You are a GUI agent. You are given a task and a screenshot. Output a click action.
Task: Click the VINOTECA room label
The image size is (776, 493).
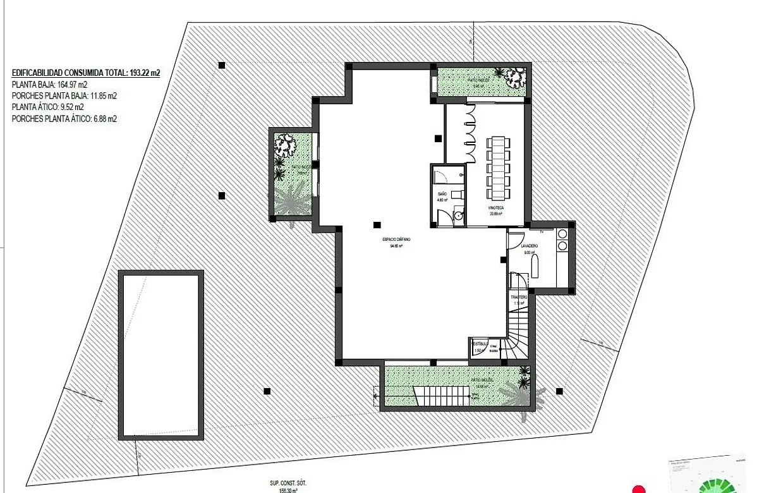click(x=495, y=207)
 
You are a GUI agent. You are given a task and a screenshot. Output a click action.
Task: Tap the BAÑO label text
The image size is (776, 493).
click(x=442, y=193)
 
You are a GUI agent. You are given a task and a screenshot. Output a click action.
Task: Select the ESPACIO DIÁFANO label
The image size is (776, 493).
click(x=396, y=240)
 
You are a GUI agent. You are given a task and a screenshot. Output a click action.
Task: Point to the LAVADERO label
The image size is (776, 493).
click(x=530, y=245)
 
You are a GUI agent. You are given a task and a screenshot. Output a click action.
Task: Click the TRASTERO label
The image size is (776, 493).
click(x=519, y=297)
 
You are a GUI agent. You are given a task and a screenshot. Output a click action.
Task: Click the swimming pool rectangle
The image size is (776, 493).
click(x=161, y=355)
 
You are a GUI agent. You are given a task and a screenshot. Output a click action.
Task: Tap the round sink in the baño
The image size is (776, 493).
click(x=458, y=217)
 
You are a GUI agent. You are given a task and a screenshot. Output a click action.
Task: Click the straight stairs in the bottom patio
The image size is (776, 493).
click(x=442, y=397)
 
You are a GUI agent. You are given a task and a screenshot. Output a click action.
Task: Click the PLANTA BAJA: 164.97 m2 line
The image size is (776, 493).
click(x=49, y=85)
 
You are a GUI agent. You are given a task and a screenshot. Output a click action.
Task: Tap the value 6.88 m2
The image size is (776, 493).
click(x=105, y=119)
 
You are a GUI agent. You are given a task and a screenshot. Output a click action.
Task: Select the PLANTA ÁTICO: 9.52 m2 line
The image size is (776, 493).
click(x=48, y=107)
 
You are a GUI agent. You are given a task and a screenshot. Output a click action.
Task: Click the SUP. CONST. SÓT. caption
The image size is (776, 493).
click(x=288, y=483)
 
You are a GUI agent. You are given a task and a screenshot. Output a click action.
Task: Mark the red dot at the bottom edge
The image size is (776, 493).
click(x=639, y=489)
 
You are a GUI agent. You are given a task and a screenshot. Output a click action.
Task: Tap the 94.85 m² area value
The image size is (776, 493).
click(x=396, y=246)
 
